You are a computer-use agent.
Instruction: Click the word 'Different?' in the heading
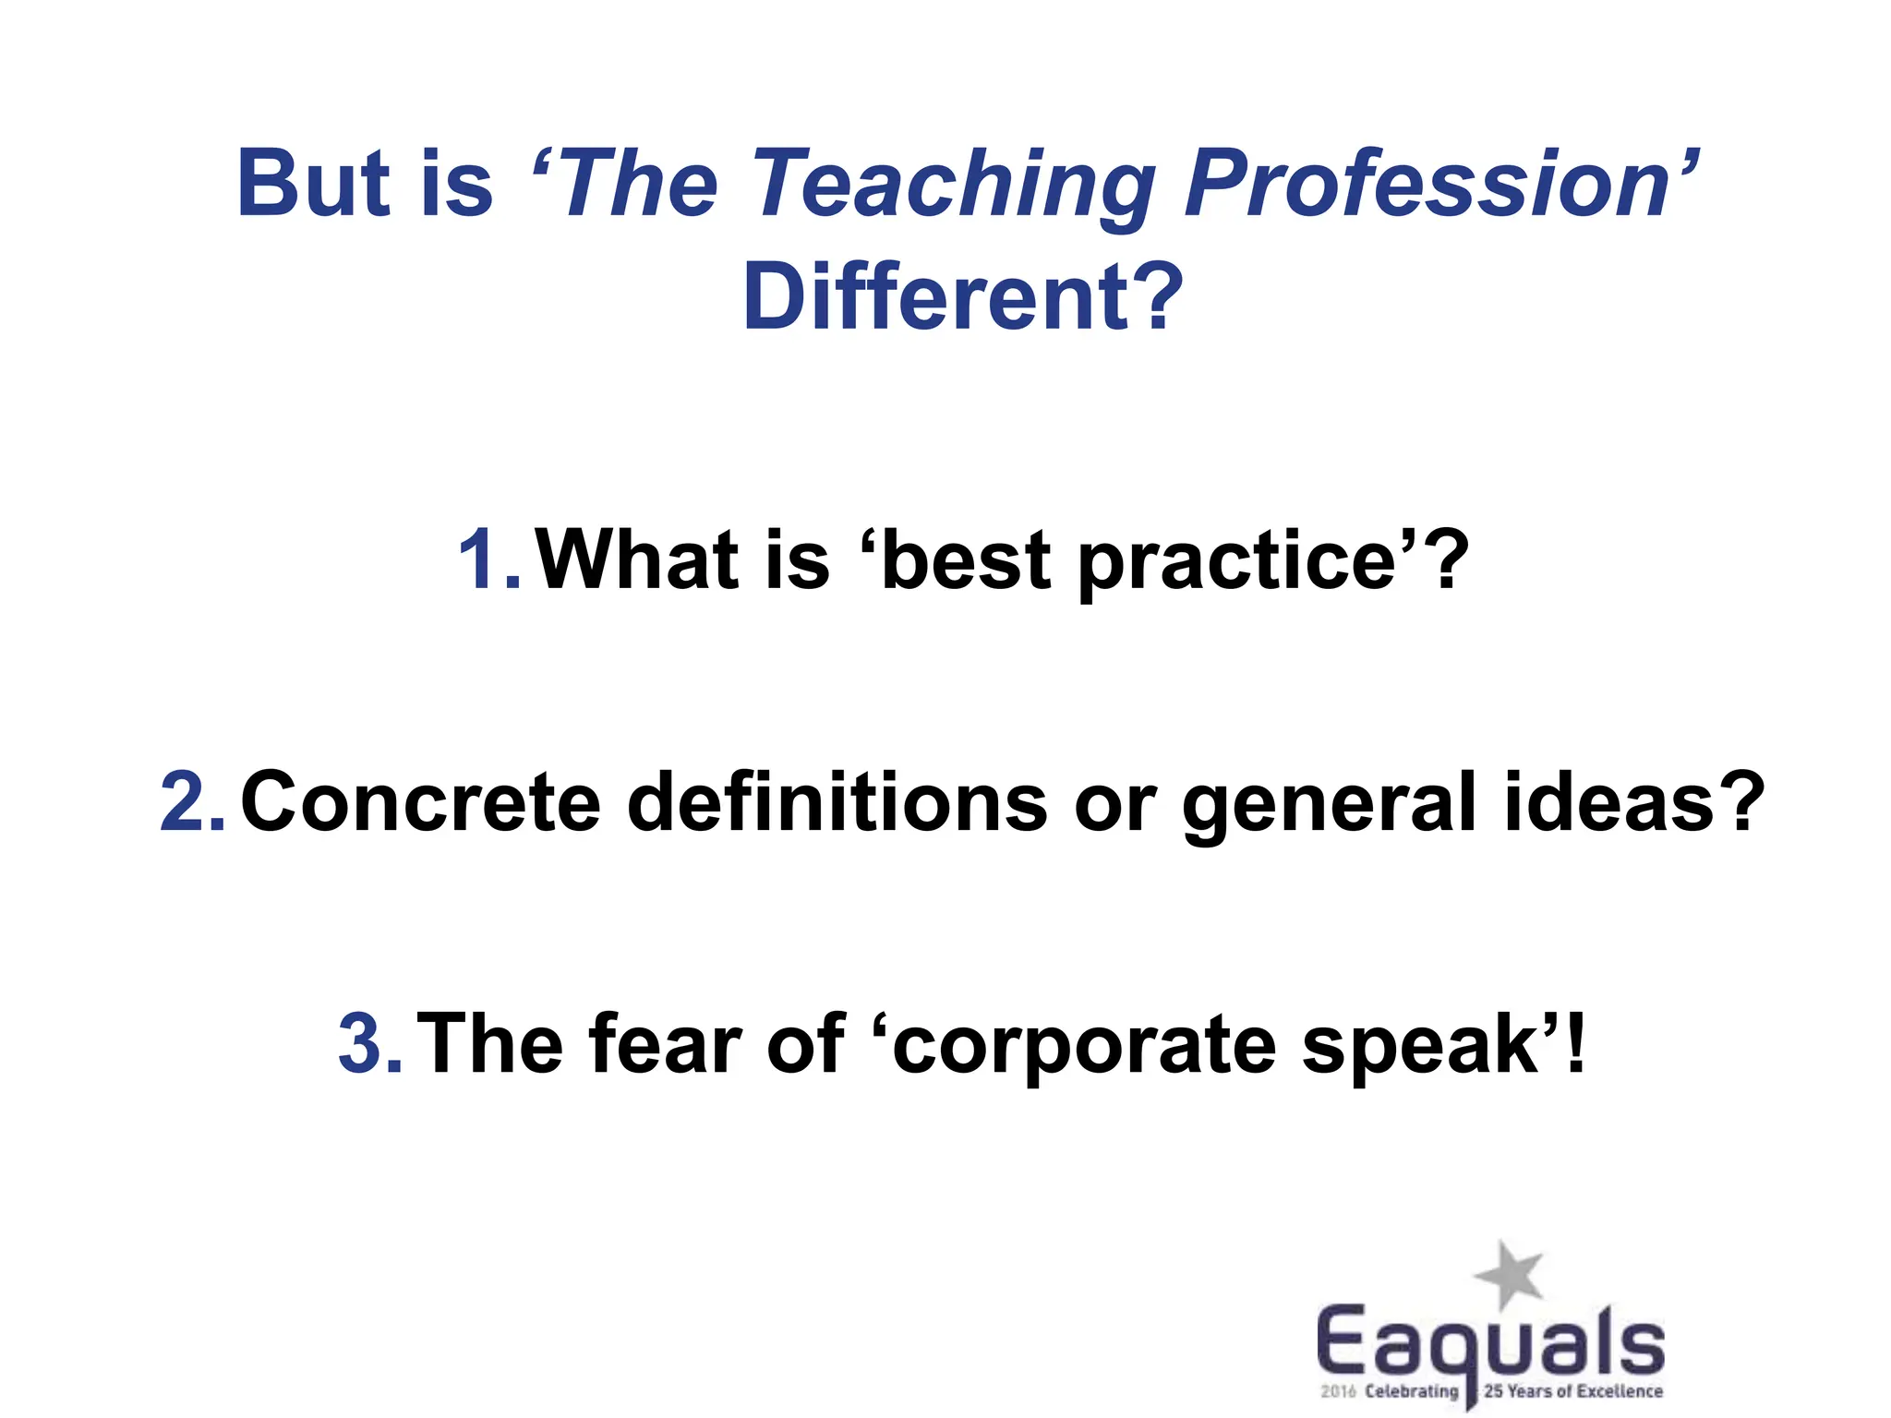tap(962, 298)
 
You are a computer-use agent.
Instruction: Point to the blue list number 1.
tap(487, 559)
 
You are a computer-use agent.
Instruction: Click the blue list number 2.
tap(191, 802)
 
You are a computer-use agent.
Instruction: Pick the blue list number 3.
tap(368, 1044)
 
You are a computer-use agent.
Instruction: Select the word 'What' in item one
tap(637, 559)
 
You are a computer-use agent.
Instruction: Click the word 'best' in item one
tap(965, 559)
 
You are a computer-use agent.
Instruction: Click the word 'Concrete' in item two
tap(420, 802)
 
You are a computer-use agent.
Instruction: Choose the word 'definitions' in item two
tap(837, 800)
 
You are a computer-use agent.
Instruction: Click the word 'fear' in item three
tap(665, 1044)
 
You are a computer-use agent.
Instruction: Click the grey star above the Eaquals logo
tap(1509, 1274)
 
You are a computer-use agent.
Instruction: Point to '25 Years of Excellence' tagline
tap(1572, 1391)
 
